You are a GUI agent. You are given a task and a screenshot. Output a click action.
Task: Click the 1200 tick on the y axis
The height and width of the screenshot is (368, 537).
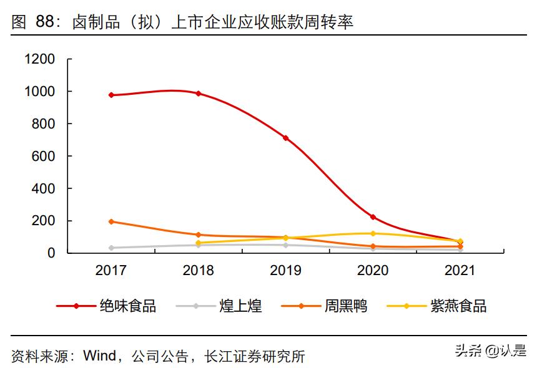(39, 59)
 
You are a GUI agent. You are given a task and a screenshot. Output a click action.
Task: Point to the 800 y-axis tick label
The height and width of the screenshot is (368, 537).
(43, 124)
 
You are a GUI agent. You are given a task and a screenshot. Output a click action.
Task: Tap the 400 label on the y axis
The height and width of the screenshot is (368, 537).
(43, 188)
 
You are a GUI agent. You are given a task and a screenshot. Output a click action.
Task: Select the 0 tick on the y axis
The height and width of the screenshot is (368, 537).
(52, 253)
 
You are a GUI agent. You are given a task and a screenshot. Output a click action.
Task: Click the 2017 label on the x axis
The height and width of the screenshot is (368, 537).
(111, 271)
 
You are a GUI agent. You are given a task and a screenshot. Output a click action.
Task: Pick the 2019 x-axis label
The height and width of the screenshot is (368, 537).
(286, 271)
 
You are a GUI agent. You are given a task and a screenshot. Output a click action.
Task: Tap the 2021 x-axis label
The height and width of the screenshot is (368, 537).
(460, 271)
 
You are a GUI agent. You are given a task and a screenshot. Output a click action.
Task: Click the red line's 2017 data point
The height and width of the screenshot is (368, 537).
(111, 95)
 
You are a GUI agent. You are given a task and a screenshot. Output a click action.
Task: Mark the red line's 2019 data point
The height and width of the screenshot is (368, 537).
(286, 138)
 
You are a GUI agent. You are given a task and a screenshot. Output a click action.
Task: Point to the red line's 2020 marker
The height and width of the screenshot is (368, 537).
(373, 217)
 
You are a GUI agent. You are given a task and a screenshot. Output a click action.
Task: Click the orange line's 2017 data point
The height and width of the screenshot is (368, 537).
(111, 221)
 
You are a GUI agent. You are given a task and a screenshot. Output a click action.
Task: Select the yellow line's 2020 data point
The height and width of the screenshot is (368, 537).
(373, 233)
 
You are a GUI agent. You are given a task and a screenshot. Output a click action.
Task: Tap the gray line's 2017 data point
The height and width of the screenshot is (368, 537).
(111, 248)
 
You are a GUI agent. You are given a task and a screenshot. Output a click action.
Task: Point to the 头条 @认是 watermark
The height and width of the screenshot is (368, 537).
(490, 351)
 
